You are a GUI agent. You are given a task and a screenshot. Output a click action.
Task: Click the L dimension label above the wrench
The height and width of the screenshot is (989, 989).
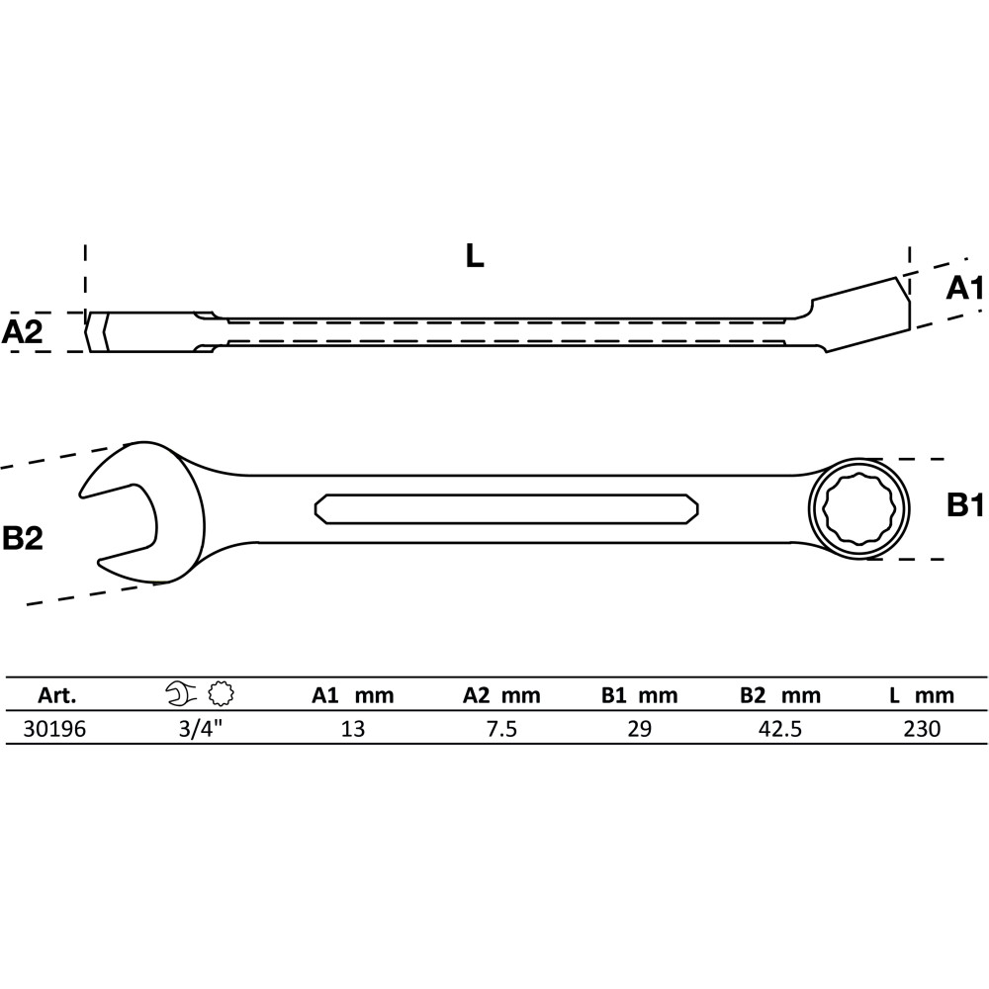[x=475, y=255]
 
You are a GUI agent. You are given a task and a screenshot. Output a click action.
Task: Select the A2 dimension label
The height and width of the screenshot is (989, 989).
[x=22, y=331]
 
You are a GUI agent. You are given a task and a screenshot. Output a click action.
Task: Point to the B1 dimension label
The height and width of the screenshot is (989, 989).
[x=965, y=505]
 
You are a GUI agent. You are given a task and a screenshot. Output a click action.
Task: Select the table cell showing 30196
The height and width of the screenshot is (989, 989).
[x=54, y=729]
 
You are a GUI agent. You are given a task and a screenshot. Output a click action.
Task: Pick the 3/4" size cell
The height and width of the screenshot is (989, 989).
[x=201, y=729]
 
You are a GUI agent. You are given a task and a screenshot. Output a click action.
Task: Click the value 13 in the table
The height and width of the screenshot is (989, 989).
[x=353, y=729]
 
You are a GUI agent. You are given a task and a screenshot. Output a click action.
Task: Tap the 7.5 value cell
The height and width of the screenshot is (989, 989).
[x=502, y=729]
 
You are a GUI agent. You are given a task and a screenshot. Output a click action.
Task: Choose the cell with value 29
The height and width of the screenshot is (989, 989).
[x=639, y=729]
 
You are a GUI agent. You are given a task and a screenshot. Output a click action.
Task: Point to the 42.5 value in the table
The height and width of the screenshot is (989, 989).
[x=780, y=729]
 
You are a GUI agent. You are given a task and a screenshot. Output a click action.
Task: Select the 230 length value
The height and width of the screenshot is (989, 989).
[x=922, y=729]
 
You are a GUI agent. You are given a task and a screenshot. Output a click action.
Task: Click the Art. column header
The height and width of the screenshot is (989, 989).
[x=56, y=695]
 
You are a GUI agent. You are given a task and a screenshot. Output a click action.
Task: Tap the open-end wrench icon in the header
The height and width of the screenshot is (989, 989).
[x=182, y=694]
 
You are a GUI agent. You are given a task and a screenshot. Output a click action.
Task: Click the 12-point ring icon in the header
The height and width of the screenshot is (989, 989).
[x=222, y=694]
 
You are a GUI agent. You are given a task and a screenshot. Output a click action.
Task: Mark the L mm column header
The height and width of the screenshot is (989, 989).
[x=922, y=695]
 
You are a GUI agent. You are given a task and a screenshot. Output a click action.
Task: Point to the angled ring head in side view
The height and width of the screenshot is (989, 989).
[x=861, y=315]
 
